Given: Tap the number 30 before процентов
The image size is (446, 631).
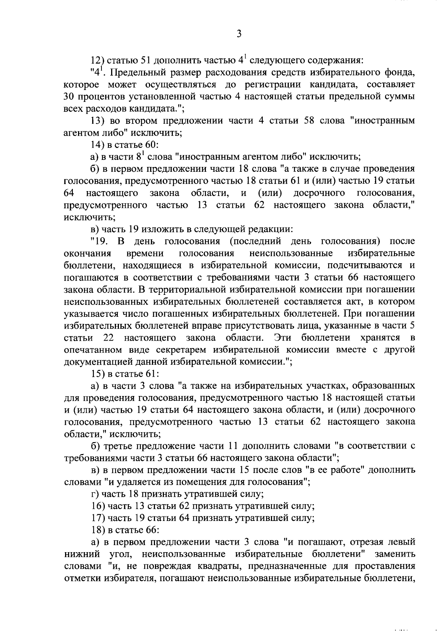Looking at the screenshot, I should point(70,96).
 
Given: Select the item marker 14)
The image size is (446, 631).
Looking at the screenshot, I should point(99,145).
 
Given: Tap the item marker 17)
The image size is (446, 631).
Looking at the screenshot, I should point(99,518).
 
